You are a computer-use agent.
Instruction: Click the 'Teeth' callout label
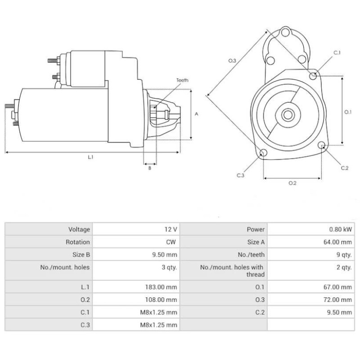182,80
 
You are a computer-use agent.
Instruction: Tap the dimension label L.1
90,157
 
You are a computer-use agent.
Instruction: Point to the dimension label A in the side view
196,114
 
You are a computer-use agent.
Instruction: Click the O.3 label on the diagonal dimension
232,60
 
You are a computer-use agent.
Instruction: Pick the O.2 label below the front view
292,183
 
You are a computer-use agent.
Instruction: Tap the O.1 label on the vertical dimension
347,112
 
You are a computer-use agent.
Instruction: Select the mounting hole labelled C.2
322,145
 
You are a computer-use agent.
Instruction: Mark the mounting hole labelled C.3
263,153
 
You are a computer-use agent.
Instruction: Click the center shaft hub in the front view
288,115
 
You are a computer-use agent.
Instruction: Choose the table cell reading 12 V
171,229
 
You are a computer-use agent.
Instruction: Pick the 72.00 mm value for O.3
340,299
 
